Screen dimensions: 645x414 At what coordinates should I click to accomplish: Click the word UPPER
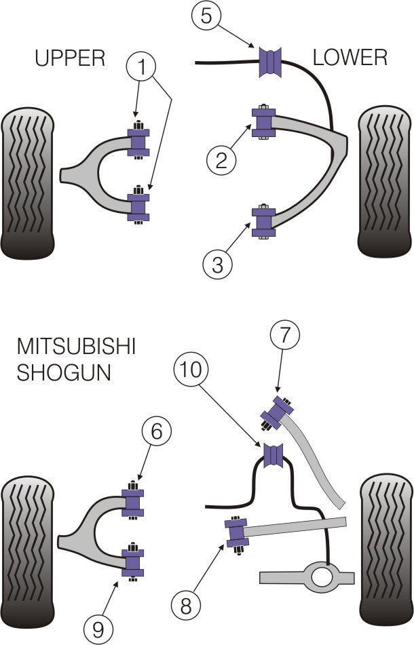pos(70,58)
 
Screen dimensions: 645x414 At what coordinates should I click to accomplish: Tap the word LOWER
pos(350,58)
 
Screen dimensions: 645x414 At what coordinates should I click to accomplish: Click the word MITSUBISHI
pos(76,348)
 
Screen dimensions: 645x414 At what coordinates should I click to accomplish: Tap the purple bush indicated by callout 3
pos(263,222)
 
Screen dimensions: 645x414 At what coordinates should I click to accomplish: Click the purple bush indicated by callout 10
pos(274,455)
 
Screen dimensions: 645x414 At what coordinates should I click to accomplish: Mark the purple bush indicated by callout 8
pos(238,534)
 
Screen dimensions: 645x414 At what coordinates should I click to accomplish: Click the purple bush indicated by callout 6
pos(133,502)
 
